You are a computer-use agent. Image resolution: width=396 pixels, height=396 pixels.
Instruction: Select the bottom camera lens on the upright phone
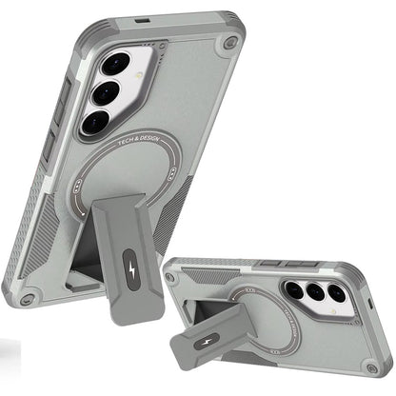95,122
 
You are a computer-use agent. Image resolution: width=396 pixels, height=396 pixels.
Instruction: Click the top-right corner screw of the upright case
228,45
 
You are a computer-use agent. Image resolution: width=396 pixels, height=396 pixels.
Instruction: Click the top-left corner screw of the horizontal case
171,278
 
